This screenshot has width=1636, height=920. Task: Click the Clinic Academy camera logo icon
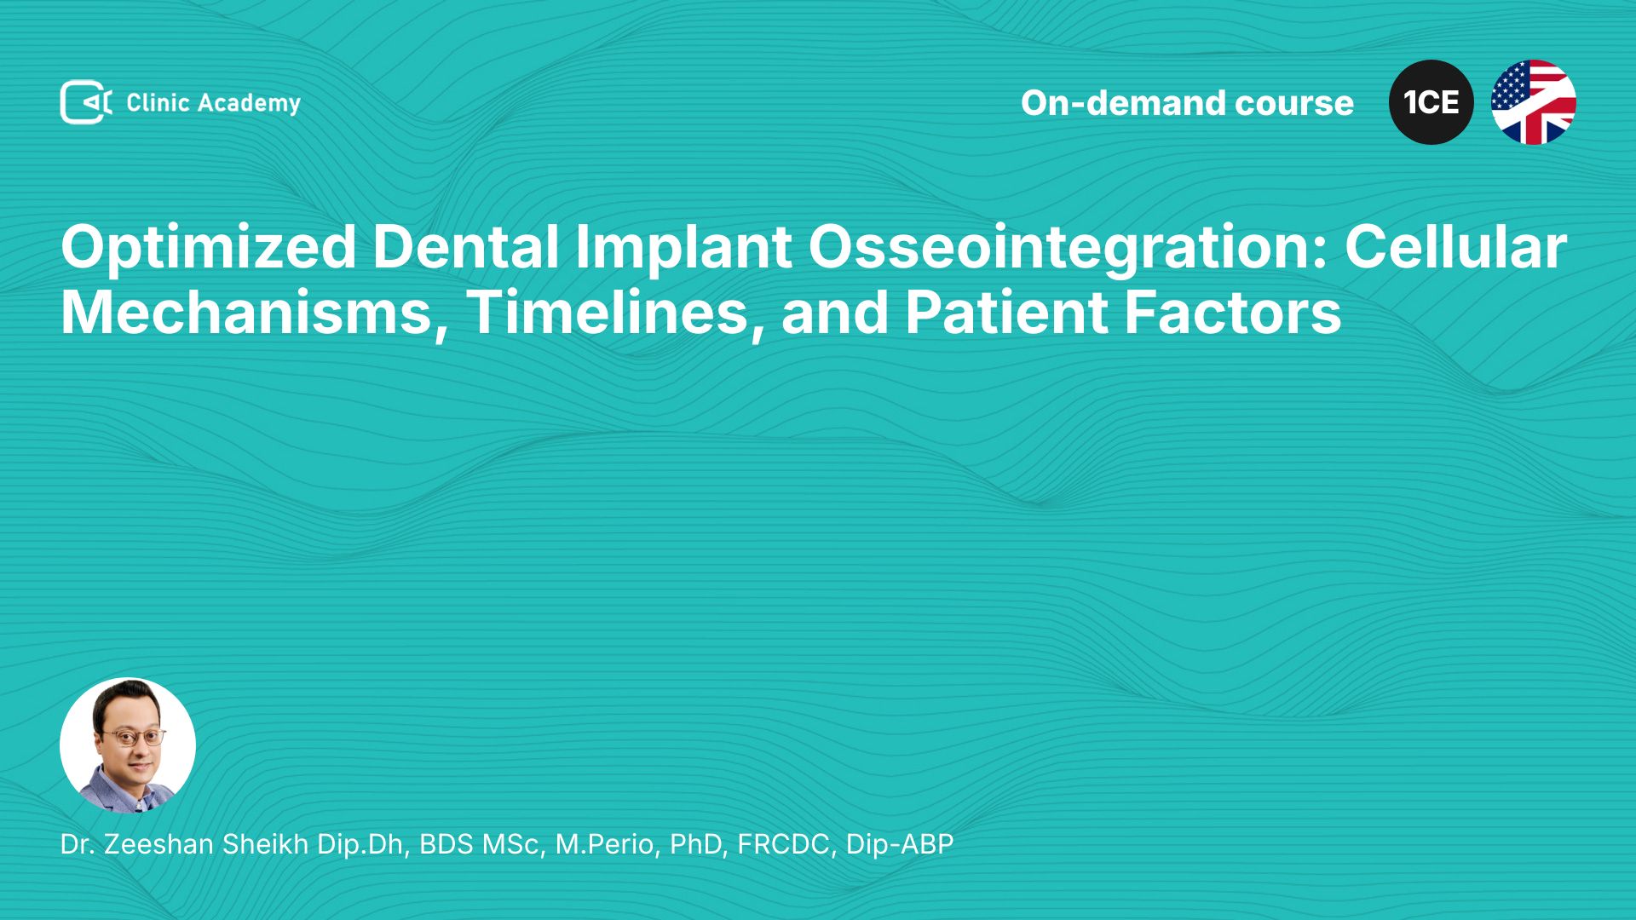tap(86, 102)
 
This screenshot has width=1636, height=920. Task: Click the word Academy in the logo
tap(249, 104)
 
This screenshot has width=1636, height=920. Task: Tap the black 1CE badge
tap(1431, 102)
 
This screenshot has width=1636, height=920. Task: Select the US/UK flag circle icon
tap(1534, 102)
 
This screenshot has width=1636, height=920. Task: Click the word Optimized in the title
tap(209, 249)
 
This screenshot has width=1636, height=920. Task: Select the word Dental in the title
tap(466, 247)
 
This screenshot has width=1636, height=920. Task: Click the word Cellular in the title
tap(1455, 247)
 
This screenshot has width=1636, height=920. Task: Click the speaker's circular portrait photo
tap(128, 745)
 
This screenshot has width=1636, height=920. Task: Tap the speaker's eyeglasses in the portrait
tap(134, 736)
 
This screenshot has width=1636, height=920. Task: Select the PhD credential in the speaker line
tap(698, 844)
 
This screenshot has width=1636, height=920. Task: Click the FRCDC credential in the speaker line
tap(786, 844)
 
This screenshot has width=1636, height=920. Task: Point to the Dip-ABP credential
tap(900, 844)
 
